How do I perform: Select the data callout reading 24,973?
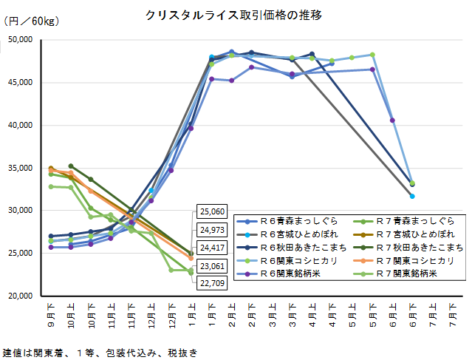[211, 231]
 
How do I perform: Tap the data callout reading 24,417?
[211, 248]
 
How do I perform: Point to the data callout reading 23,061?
[211, 265]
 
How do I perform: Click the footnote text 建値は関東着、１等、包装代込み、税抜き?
[100, 353]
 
